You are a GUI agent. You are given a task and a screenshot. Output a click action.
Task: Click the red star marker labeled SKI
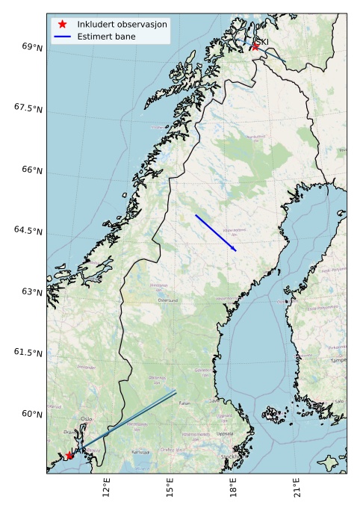point(255,46)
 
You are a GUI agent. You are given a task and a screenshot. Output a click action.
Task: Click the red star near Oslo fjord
point(69,455)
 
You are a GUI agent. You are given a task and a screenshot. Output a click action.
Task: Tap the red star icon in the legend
point(63,24)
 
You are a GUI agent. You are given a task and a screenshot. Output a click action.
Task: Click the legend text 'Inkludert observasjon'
point(122,24)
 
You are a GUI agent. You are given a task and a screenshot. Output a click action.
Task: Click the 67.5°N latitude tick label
point(28,108)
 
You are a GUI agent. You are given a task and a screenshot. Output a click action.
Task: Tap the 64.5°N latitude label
point(28,231)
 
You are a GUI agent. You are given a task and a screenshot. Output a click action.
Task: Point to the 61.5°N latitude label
point(28,353)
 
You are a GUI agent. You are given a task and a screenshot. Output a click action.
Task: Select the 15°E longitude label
point(170,489)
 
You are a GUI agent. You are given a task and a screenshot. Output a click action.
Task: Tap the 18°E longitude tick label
point(234,489)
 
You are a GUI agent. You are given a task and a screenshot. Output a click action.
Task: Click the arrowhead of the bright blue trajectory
point(235,250)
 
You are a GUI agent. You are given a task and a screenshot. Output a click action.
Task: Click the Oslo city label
point(87,419)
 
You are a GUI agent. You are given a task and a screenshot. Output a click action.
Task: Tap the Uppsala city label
point(224,433)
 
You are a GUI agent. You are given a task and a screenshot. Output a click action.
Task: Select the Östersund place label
point(168,300)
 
